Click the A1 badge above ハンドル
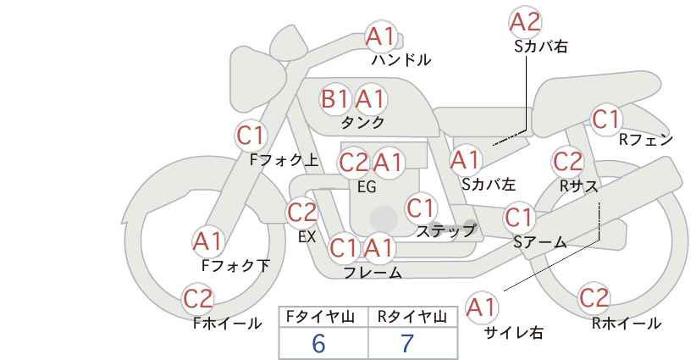coord(380,36)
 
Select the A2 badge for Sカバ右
coord(526,21)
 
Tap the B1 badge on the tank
coord(335,98)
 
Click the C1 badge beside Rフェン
coord(606,119)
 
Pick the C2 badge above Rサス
coord(567,161)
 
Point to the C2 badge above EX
coord(301,212)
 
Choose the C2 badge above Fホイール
coord(198,298)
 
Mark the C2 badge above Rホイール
coord(594,297)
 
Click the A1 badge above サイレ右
coord(482,307)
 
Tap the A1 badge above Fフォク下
coord(207,241)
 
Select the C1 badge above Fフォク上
coord(251,136)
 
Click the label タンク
coord(362,122)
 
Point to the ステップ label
coord(445,231)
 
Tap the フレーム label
coord(373,272)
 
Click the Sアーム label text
coord(540,242)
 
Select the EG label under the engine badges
coord(367,187)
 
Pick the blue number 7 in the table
coord(407,343)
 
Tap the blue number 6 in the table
coord(318,343)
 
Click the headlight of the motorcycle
coord(257,80)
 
